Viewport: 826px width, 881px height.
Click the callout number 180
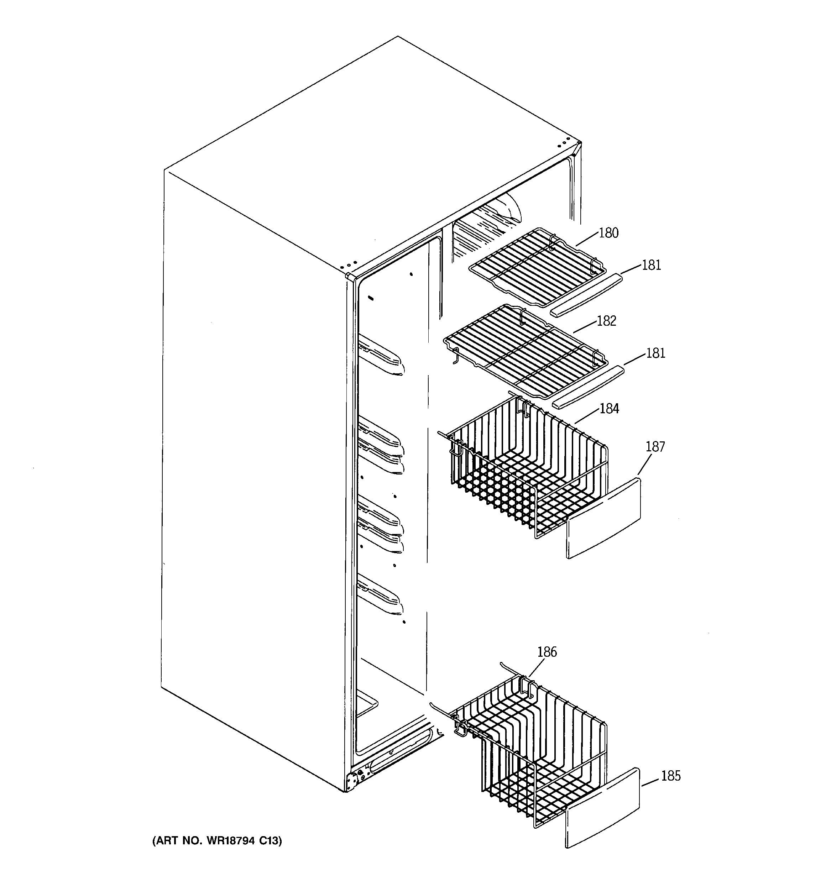click(x=608, y=233)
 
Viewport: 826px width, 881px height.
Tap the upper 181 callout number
click(x=651, y=265)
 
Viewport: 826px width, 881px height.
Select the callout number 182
click(x=607, y=321)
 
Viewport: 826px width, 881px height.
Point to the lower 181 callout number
click(x=655, y=353)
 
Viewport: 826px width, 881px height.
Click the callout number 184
click(x=609, y=409)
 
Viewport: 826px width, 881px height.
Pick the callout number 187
click(x=655, y=447)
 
